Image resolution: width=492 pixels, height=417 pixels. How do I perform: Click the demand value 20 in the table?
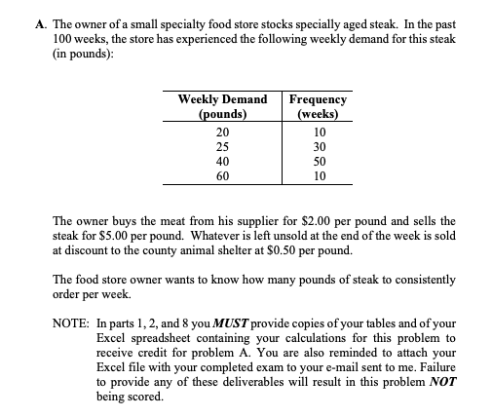point(222,133)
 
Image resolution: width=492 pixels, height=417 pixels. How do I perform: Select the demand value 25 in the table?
point(222,147)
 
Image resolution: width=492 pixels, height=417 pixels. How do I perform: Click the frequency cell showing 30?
point(319,147)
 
